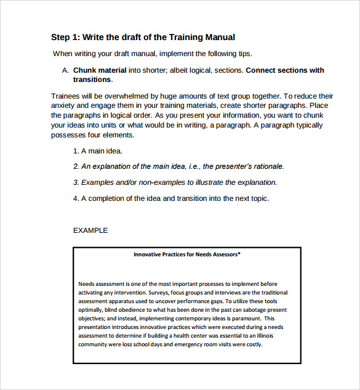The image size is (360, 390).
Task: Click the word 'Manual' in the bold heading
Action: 220,38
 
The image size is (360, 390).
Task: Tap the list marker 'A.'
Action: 65,70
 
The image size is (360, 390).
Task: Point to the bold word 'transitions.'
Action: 93,79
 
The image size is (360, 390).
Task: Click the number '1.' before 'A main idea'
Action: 76,151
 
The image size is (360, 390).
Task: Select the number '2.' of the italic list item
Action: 76,166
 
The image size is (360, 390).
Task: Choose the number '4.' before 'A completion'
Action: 76,198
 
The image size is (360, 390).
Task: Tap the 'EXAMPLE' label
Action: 90,230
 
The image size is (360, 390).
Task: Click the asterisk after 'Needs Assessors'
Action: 239,253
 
